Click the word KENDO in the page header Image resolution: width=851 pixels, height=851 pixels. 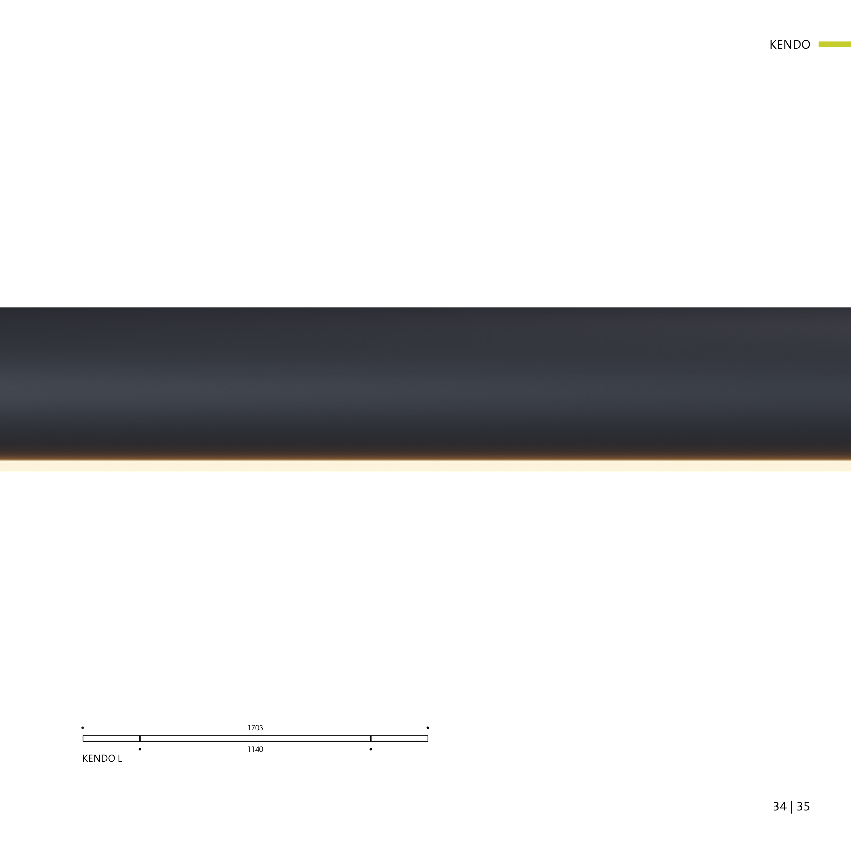point(789,45)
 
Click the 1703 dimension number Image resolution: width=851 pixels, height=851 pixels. point(255,728)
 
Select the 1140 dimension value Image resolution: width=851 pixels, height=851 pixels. point(255,749)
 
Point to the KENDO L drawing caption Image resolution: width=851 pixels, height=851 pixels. point(102,759)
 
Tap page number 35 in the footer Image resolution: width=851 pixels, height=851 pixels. point(803,806)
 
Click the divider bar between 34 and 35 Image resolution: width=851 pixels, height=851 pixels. point(792,806)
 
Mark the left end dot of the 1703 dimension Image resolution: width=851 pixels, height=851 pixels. point(83,728)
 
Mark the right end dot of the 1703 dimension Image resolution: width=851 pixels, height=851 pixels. point(428,728)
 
